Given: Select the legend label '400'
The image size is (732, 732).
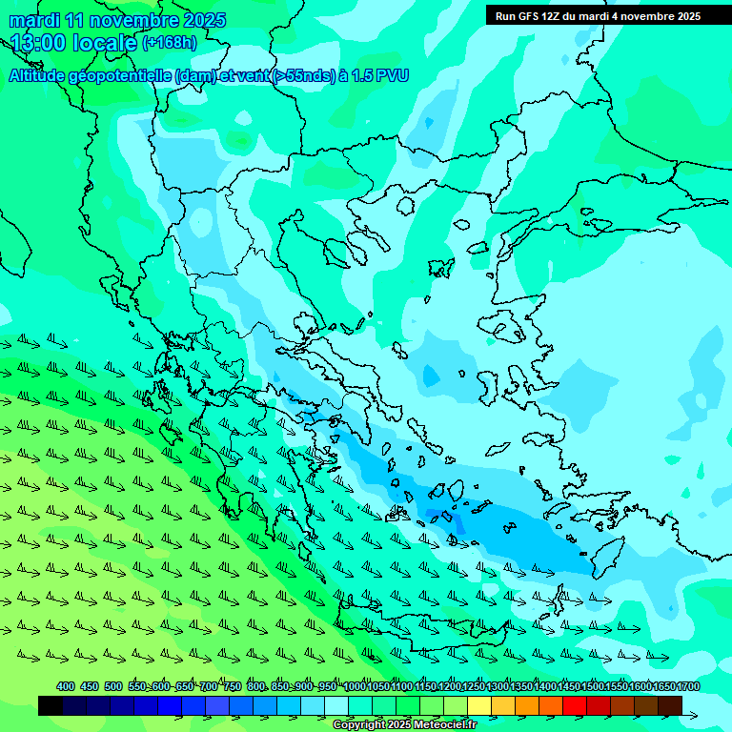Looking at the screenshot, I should (x=66, y=687).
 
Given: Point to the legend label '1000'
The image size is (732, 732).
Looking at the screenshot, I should (x=354, y=687).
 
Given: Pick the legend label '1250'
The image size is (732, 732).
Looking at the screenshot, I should (x=473, y=687).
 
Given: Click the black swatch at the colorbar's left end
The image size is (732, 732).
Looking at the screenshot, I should (x=51, y=705).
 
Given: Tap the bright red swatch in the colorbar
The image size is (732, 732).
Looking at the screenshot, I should (x=575, y=705).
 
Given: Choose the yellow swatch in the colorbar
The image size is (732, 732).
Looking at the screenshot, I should (x=479, y=705).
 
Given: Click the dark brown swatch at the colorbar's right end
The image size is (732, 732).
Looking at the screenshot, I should (x=670, y=705).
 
